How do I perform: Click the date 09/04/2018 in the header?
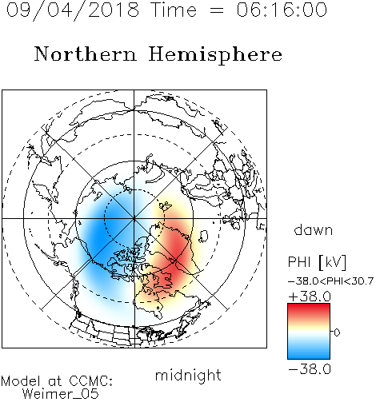point(73,10)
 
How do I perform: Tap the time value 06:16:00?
point(282,10)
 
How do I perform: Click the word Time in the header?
point(174,10)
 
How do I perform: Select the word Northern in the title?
point(86,54)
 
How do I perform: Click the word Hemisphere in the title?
point(215,55)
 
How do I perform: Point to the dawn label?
point(314,229)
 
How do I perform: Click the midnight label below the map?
point(188,375)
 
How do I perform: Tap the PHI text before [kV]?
point(300,262)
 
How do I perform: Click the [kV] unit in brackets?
point(332,263)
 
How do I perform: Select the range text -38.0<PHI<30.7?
point(330,281)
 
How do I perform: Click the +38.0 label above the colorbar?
point(310,297)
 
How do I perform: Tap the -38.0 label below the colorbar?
point(310,369)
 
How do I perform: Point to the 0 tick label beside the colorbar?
point(337,332)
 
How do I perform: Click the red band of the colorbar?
point(309,310)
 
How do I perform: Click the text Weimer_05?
point(60,394)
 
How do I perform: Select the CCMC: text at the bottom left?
point(90,381)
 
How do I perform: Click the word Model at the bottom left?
point(21,381)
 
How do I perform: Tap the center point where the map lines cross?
point(134,218)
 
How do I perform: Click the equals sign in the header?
point(217,10)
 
